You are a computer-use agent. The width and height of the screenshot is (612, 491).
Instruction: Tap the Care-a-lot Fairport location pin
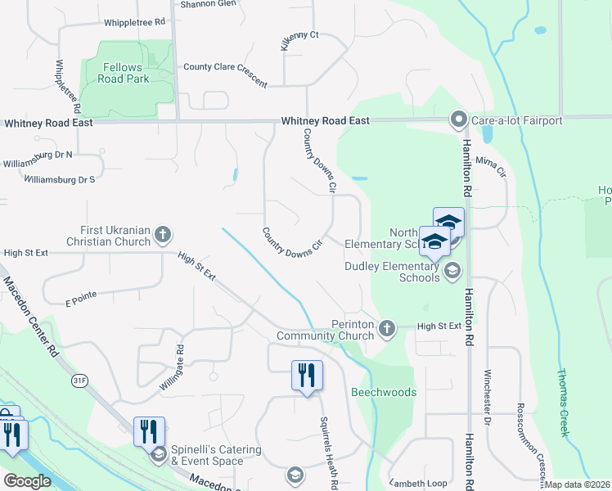coord(458,120)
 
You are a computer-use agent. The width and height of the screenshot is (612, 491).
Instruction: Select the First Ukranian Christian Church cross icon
coord(163,235)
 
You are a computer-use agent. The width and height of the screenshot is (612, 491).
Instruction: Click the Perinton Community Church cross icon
coord(387,329)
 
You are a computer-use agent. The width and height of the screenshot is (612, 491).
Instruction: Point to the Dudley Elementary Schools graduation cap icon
coord(451,272)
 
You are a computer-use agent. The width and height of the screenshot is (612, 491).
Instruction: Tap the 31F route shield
coord(79,381)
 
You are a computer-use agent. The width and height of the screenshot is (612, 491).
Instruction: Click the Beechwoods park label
coord(384,392)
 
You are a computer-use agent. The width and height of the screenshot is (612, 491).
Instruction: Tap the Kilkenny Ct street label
coord(299,40)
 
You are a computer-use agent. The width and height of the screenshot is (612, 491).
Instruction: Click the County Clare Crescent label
coord(225,74)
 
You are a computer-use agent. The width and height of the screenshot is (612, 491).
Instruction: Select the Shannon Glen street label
coord(208,3)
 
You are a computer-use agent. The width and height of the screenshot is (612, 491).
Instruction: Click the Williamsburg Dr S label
coord(60,178)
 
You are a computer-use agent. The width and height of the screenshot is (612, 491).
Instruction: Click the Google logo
coord(27,481)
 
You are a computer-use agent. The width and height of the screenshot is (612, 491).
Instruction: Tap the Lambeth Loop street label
coord(419,482)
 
